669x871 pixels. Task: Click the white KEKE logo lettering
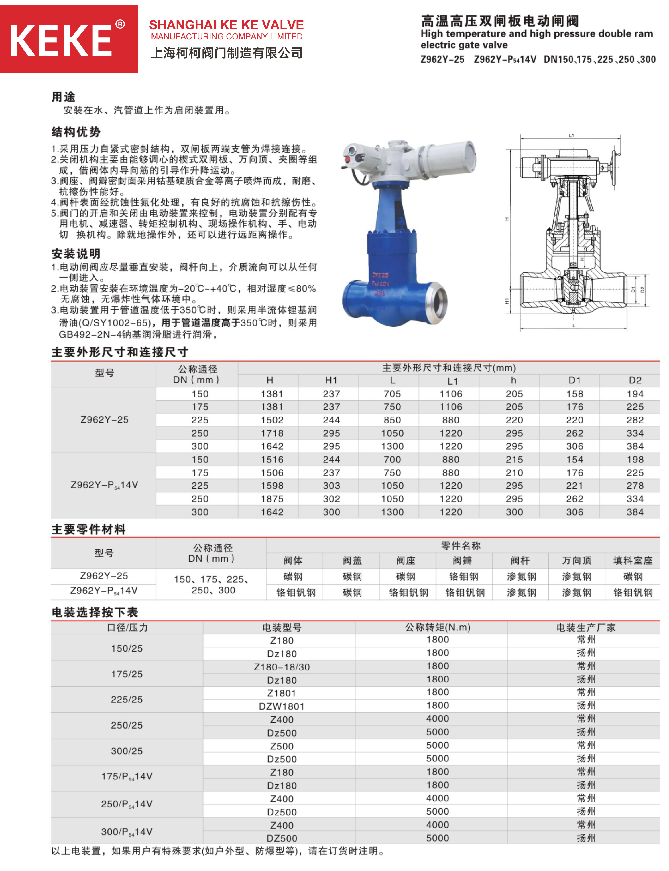(60, 40)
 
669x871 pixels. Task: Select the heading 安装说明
(76, 254)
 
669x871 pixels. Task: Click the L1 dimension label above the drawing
(571, 135)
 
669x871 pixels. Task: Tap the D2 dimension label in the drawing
(642, 290)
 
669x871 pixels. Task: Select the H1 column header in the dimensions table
(331, 380)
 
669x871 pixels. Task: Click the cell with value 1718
(272, 433)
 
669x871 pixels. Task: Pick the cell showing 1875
(272, 499)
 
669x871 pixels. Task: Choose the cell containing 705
(392, 394)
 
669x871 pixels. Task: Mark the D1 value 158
(574, 394)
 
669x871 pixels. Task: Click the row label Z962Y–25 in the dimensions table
(104, 420)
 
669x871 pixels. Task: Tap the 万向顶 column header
(576, 561)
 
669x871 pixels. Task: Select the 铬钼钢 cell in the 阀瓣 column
(464, 577)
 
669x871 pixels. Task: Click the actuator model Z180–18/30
(282, 667)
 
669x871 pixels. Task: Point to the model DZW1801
(282, 707)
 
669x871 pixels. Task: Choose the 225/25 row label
(127, 700)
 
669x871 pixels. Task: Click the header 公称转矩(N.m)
(437, 627)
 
